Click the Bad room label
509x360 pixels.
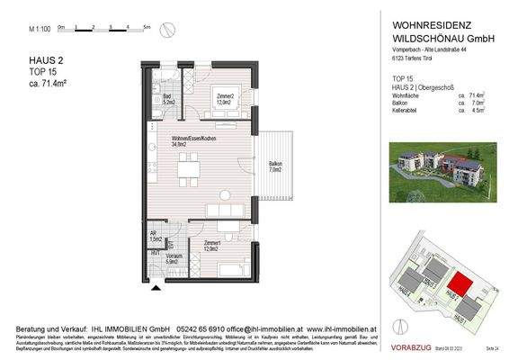[167, 99]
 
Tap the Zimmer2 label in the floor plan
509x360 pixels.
[226, 98]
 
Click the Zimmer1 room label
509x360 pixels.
[212, 245]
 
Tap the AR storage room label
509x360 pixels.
[155, 236]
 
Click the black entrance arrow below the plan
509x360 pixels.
[158, 288]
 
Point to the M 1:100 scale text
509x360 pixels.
[38, 30]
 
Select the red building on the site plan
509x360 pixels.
[459, 286]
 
